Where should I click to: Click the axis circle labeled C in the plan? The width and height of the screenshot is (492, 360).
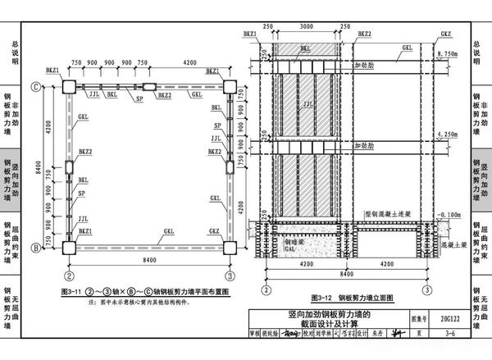(x=36, y=85)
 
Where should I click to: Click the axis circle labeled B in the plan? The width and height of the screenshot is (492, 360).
(x=36, y=246)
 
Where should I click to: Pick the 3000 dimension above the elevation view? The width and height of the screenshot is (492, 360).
(x=306, y=27)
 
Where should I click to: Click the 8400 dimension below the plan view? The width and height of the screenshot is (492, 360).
(x=149, y=262)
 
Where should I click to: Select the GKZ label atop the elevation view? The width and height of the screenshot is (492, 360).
(x=445, y=34)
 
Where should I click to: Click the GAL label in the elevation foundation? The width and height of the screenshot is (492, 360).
(x=291, y=253)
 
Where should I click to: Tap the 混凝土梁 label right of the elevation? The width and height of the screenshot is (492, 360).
(x=453, y=244)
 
